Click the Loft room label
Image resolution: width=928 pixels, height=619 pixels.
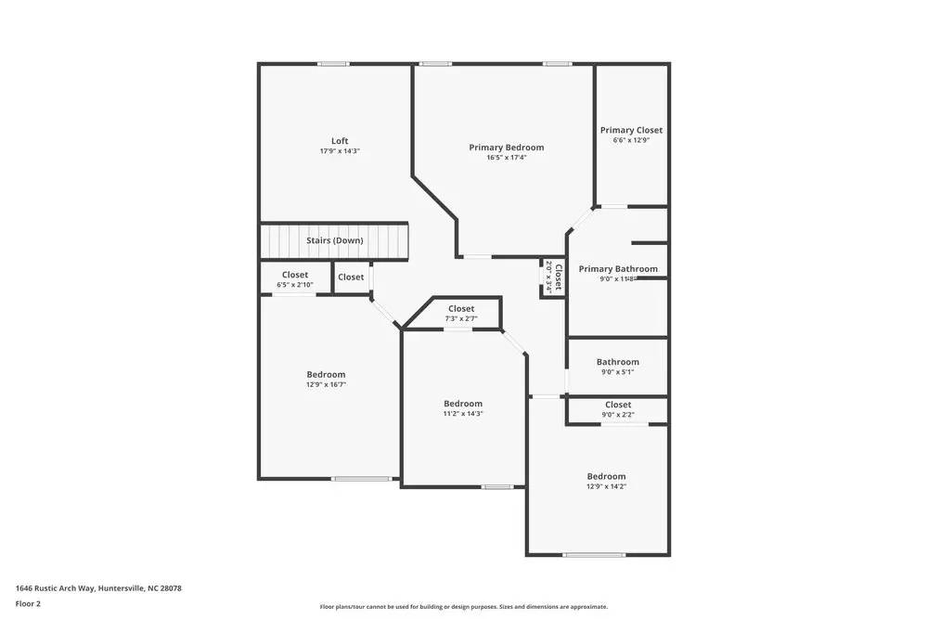tap(340, 141)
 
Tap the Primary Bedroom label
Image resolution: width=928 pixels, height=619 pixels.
tap(506, 148)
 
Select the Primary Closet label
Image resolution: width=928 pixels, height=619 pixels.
tap(631, 130)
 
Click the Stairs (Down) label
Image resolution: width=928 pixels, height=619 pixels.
tap(335, 240)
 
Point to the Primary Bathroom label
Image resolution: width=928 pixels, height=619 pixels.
tap(618, 269)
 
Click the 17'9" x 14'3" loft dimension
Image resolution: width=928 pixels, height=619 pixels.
tap(340, 150)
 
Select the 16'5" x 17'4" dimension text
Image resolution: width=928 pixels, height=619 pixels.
tap(506, 158)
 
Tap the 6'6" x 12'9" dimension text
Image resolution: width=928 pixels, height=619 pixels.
tap(631, 140)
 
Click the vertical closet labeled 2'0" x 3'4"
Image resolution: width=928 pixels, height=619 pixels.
tap(553, 277)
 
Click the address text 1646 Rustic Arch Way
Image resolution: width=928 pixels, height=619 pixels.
tap(98, 588)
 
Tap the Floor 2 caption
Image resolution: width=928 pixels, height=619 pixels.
tap(28, 603)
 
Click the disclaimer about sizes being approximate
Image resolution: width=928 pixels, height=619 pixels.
tap(464, 606)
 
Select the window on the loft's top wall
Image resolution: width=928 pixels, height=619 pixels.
tap(333, 64)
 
